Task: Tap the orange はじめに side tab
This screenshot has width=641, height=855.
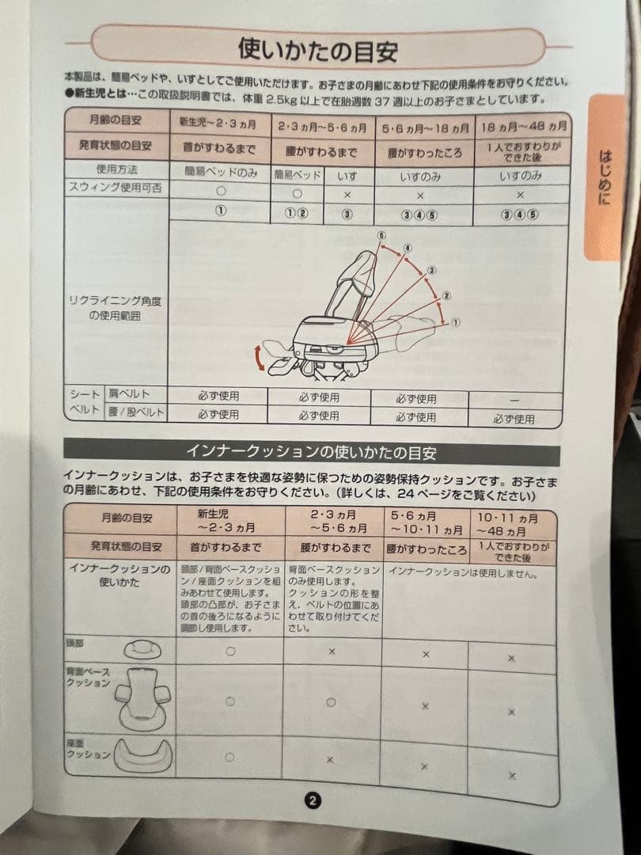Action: click(x=604, y=177)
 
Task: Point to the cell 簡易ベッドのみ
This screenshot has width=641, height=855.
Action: click(x=220, y=172)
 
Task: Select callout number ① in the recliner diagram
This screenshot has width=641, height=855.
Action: click(x=456, y=323)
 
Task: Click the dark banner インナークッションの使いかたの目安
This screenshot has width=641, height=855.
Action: click(x=311, y=453)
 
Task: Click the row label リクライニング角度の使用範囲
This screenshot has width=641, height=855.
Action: click(x=116, y=307)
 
